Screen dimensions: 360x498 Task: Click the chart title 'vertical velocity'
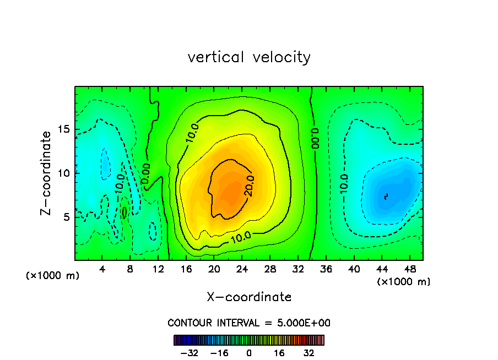tap(249, 57)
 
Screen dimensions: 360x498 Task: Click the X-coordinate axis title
tap(249, 297)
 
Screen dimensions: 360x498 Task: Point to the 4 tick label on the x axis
tap(102, 269)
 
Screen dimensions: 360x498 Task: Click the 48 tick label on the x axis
tap(409, 269)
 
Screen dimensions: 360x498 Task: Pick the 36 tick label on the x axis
tap(326, 269)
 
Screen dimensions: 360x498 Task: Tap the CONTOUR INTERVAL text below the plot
tap(249, 323)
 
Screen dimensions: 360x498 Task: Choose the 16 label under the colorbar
tap(279, 353)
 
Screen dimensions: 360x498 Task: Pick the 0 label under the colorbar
tap(249, 353)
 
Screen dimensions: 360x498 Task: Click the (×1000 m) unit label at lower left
tap(52, 276)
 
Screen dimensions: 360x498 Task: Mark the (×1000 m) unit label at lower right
tap(404, 282)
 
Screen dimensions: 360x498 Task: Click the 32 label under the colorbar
tap(310, 353)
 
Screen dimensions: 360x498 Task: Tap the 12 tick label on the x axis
tap(158, 269)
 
